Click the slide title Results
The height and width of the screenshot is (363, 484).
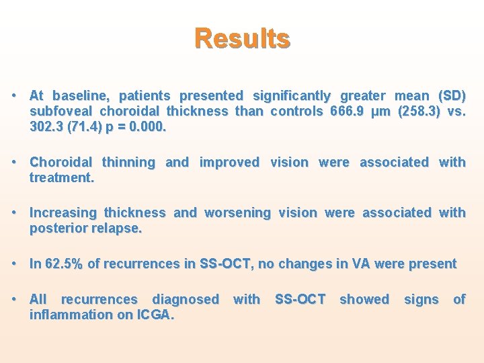[242, 38]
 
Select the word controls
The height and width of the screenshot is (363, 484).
[298, 111]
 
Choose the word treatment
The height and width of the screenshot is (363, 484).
[61, 177]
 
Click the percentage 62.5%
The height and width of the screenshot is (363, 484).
[64, 264]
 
